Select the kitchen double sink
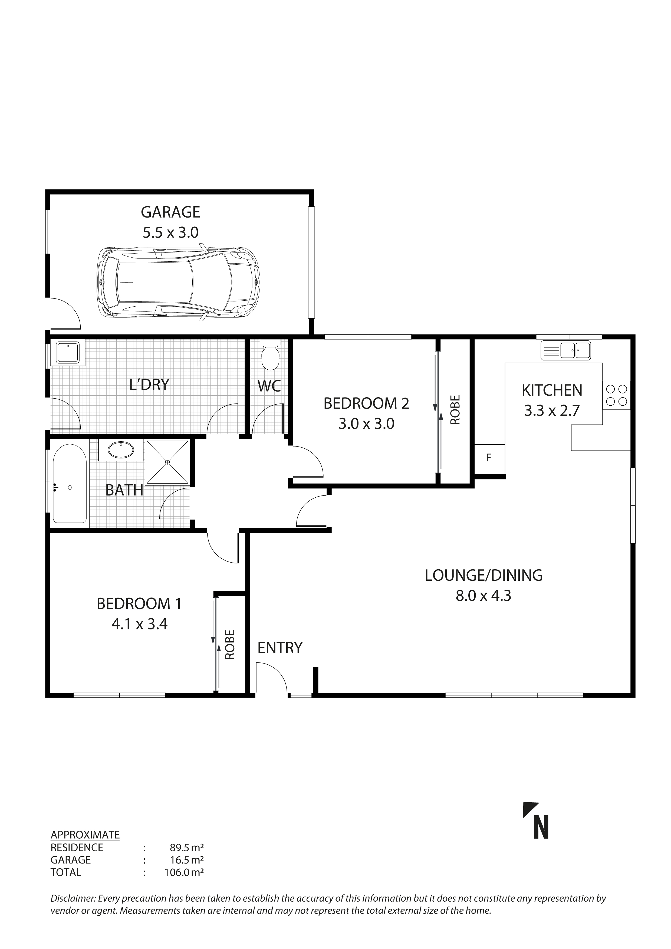point(566,350)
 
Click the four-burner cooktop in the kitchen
point(616,395)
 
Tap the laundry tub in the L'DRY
point(67,353)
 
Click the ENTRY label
point(280,648)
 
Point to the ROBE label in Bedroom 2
point(455,410)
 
